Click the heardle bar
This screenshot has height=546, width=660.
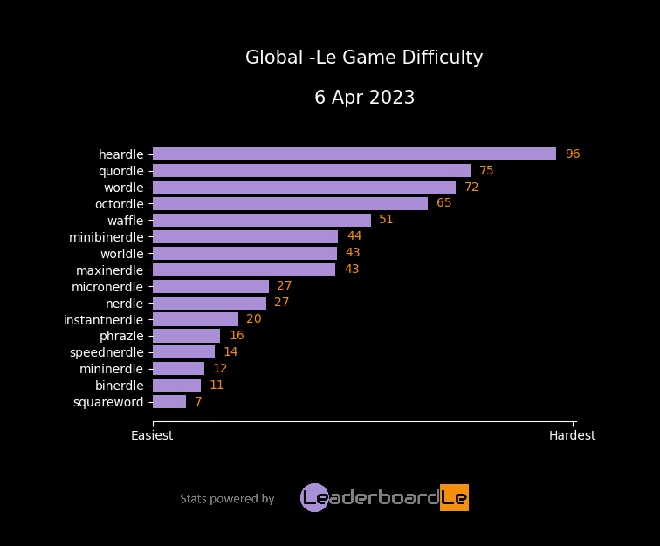tap(354, 154)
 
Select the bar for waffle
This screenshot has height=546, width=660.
tap(262, 221)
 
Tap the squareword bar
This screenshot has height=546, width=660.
tap(169, 402)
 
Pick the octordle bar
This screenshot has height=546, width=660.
tap(290, 204)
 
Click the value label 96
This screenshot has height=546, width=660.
tap(573, 154)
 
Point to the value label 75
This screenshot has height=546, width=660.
tap(486, 171)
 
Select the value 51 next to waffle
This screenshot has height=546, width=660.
tap(386, 220)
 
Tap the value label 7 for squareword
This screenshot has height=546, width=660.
tap(198, 402)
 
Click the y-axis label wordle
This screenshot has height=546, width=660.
tap(123, 188)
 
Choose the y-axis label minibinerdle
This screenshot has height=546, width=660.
tap(106, 237)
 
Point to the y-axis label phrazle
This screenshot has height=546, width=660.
tap(121, 336)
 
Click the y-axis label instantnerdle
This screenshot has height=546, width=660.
tap(103, 319)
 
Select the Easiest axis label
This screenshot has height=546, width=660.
tap(152, 435)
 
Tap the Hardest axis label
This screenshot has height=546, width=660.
tap(572, 435)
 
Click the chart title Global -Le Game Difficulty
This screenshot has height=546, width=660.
tap(364, 58)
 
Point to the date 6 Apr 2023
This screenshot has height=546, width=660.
tap(364, 98)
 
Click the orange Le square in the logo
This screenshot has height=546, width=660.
tap(454, 497)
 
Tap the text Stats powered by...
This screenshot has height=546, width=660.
tap(231, 499)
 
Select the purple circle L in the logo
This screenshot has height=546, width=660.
tap(314, 497)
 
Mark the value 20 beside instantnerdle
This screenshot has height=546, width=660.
tap(254, 319)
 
